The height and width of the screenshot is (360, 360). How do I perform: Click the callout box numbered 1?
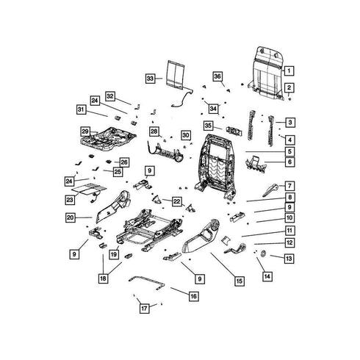(289, 71)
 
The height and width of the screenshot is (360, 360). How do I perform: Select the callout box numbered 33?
(150, 79)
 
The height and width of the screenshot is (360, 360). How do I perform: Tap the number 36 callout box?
(217, 76)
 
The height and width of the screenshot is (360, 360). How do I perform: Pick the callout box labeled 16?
(193, 296)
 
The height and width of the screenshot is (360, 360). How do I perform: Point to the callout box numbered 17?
(144, 308)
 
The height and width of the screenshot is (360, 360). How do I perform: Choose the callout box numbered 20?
(71, 217)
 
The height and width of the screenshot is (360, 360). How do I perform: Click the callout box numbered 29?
(85, 132)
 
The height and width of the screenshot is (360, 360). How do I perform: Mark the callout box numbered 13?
(289, 259)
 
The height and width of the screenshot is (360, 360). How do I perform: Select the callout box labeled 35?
(208, 126)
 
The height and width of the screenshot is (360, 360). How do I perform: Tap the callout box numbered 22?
(176, 201)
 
